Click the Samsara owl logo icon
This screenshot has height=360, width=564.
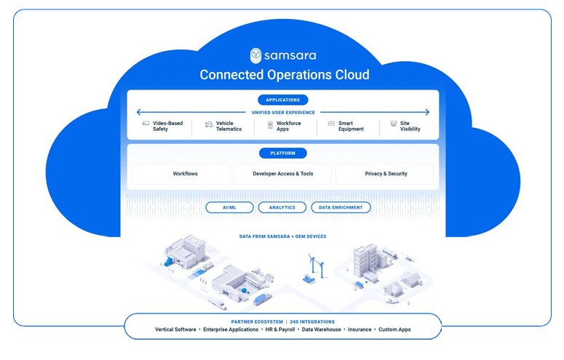point(255,55)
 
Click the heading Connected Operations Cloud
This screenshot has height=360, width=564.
point(284,75)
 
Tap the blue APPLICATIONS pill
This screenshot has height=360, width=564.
point(282,100)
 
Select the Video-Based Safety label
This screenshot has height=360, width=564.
point(167,126)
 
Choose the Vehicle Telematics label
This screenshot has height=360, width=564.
point(229,126)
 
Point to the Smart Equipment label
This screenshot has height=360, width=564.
point(351,126)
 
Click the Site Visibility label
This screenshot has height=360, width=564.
point(410,126)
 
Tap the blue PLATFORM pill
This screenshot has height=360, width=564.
point(282,153)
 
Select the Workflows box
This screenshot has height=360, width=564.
point(185,174)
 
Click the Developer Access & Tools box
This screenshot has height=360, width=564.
point(282,174)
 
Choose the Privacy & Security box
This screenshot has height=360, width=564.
point(386,174)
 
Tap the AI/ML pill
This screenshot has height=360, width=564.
point(229,207)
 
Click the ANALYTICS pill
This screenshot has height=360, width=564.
point(282,207)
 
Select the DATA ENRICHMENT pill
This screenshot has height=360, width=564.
point(341,207)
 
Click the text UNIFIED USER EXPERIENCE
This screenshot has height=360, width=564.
point(283,113)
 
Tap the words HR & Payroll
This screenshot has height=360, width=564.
point(280,329)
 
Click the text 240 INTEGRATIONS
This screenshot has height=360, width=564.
point(314,321)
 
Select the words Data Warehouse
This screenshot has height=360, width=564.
point(321,329)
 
